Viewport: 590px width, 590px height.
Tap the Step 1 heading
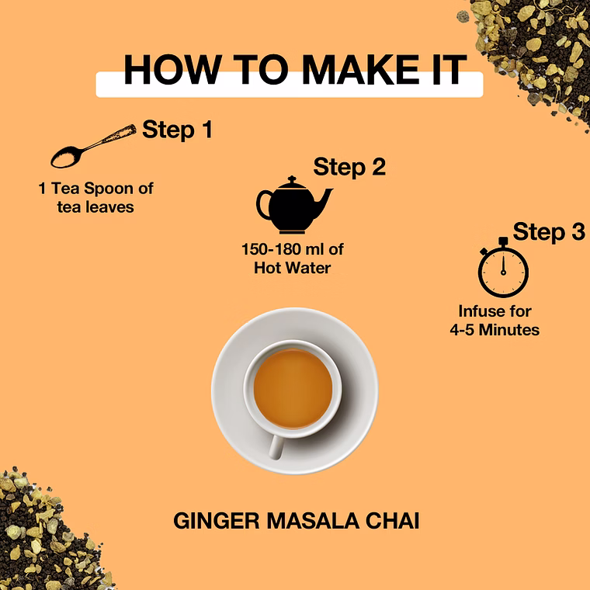point(178,130)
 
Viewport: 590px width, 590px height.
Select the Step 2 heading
point(349,167)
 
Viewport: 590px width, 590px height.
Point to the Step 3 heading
point(549,231)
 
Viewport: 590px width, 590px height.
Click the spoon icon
point(93,146)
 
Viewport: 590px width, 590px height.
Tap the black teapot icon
point(294,205)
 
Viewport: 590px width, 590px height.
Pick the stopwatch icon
point(503,268)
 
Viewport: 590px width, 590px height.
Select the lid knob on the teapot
point(292,179)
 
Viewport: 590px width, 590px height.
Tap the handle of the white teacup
point(276,446)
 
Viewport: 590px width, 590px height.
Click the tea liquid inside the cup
point(293,389)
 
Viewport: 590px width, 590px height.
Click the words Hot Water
point(293,268)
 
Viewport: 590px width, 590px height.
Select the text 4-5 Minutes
point(495,330)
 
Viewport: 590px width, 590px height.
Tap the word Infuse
point(476,311)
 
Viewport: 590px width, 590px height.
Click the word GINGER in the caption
point(217,521)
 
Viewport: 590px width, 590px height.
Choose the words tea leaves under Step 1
point(95,207)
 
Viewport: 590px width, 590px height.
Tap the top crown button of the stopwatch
point(503,241)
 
